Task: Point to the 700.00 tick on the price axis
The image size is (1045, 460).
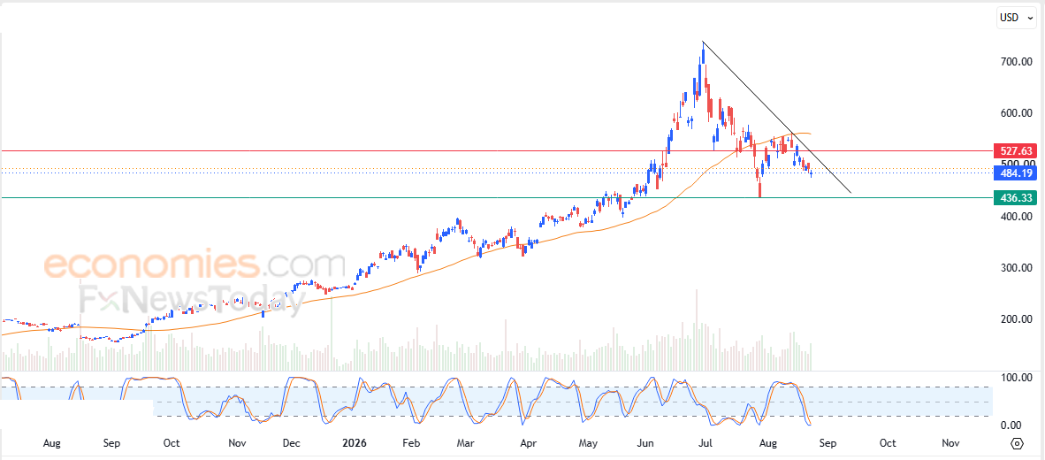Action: tap(1017, 62)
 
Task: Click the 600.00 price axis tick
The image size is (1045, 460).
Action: tap(1017, 113)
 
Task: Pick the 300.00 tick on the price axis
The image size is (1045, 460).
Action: tap(1017, 268)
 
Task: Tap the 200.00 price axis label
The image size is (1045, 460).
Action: tap(1017, 319)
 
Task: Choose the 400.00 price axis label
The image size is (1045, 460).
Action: tap(1017, 217)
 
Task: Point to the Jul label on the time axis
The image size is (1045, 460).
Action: tap(706, 443)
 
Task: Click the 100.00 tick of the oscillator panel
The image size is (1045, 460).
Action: tap(1017, 378)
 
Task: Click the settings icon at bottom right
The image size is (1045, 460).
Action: tap(1017, 444)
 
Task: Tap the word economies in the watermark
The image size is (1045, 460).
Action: tap(151, 265)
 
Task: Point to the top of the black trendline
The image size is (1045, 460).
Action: tap(703, 42)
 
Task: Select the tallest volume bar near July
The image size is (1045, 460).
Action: tap(698, 330)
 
